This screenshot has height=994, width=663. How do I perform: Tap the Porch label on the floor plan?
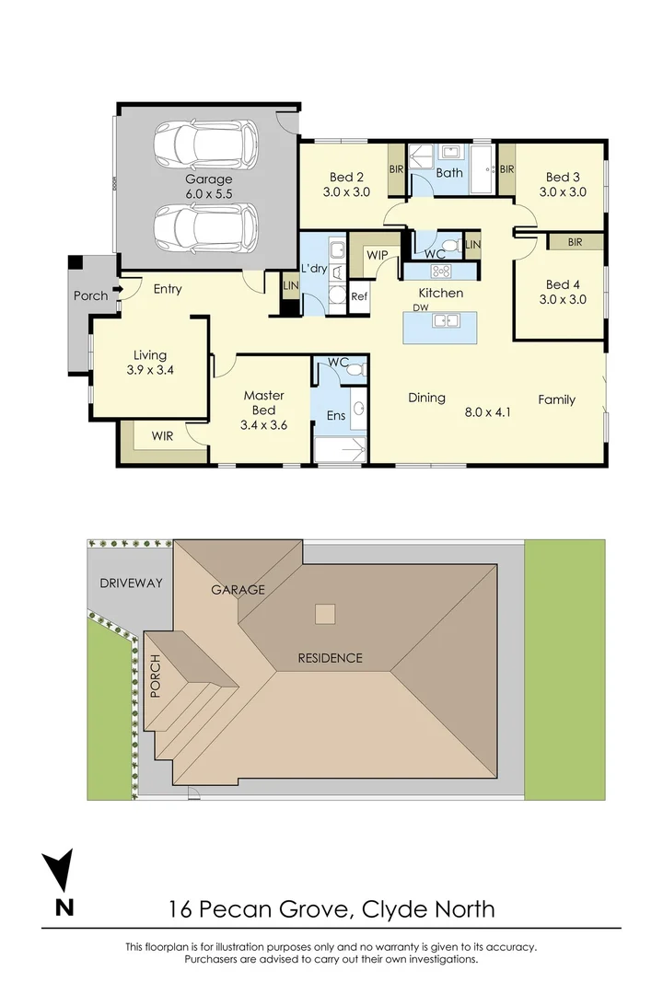point(90,295)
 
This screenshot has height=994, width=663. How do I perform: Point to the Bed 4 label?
point(565,284)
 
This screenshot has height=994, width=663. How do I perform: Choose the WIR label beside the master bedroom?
point(163,434)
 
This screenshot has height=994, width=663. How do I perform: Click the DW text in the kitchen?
point(421,308)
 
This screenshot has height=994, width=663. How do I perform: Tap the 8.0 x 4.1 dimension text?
point(487,411)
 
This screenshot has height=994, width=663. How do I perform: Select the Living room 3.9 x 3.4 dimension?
point(150,370)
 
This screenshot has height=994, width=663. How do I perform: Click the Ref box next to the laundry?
point(359,297)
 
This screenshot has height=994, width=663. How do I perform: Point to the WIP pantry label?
point(377,254)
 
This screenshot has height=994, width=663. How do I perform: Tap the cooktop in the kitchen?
point(441,271)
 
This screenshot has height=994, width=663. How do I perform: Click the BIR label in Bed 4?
point(576,242)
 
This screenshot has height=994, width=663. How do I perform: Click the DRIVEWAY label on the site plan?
point(131,584)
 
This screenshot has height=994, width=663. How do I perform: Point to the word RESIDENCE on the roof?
point(330,658)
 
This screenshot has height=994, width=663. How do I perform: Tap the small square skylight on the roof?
point(324,613)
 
